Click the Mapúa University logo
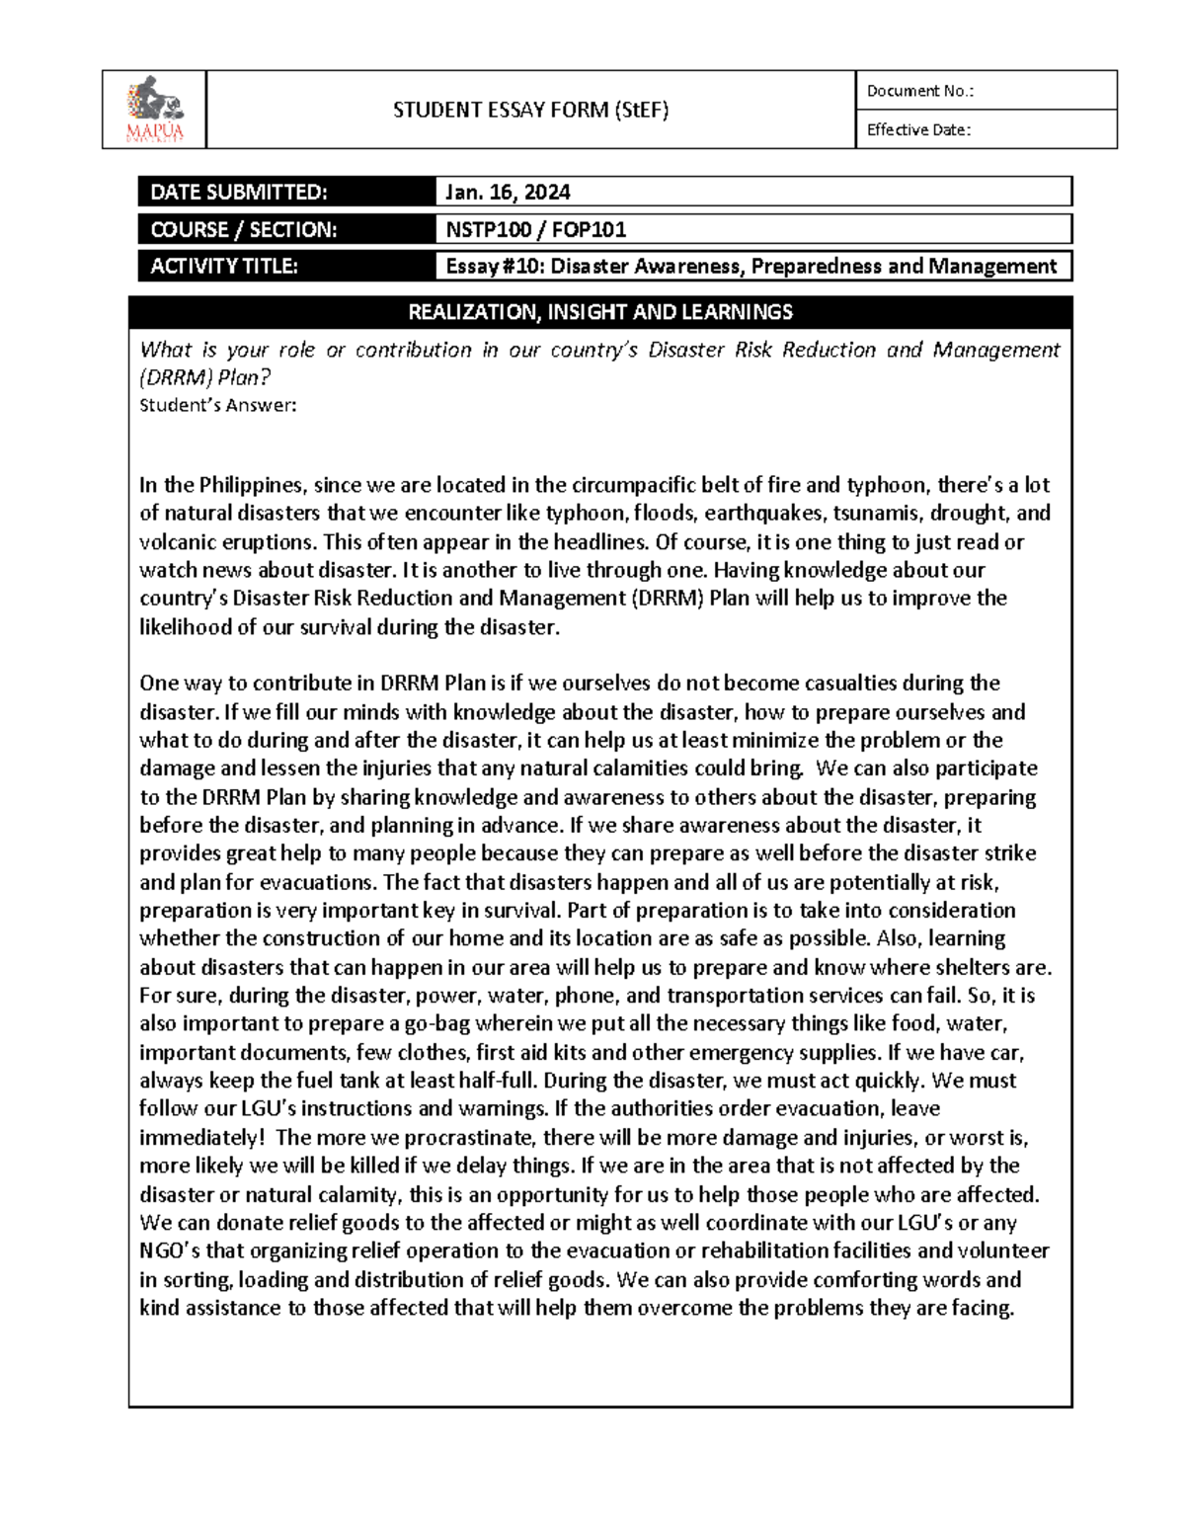point(154,109)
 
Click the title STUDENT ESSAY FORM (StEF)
point(530,110)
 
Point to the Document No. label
point(919,91)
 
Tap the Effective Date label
point(918,129)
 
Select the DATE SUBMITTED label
point(238,192)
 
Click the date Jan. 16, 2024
point(508,192)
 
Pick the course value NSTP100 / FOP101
point(535,229)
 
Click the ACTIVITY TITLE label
point(223,266)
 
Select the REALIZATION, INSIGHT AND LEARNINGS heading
point(600,312)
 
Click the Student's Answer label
point(217,405)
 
